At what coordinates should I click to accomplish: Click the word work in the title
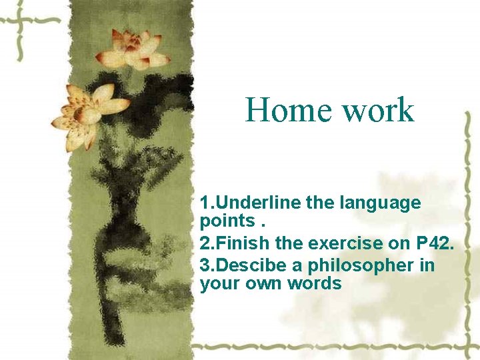pyautogui.click(x=378, y=110)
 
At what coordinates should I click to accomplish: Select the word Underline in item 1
pyautogui.click(x=257, y=203)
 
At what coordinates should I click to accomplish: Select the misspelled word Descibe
pyautogui.click(x=251, y=265)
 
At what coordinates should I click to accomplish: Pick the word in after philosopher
pyautogui.click(x=427, y=265)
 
